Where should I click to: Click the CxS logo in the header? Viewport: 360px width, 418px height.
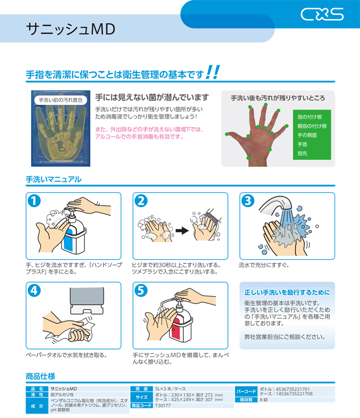322,14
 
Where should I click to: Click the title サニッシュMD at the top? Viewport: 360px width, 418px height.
71,29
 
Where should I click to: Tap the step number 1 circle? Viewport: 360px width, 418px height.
34,201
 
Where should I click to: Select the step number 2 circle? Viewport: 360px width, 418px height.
141,201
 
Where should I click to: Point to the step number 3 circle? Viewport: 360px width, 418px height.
248,201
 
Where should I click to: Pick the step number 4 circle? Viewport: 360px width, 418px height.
34,290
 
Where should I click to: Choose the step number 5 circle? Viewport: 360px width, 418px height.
141,290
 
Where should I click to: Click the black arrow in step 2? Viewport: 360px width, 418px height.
182,230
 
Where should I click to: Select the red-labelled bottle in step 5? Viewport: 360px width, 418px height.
181,322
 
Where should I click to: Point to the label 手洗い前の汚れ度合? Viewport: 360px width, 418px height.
61,100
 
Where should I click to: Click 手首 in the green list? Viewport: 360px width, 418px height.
302,144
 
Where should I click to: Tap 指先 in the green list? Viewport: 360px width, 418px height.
302,153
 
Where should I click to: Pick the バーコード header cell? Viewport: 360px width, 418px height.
246,391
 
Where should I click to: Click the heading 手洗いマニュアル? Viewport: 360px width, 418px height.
54,179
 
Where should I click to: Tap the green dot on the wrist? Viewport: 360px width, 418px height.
248,158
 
